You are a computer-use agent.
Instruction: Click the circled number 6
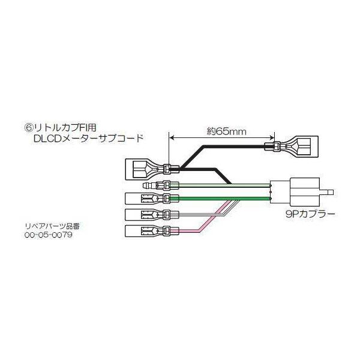(x=29, y=128)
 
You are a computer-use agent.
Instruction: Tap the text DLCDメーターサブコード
(x=89, y=139)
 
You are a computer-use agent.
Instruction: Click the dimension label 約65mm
(x=226, y=132)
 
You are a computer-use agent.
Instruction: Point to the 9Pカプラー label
(x=310, y=214)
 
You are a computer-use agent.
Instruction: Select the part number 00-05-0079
(x=49, y=235)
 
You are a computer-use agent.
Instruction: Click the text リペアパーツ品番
(x=52, y=226)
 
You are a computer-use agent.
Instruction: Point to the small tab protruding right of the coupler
(x=326, y=192)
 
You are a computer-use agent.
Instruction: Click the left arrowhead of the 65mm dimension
(x=171, y=138)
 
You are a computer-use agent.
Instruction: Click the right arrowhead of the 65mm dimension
(x=272, y=138)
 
